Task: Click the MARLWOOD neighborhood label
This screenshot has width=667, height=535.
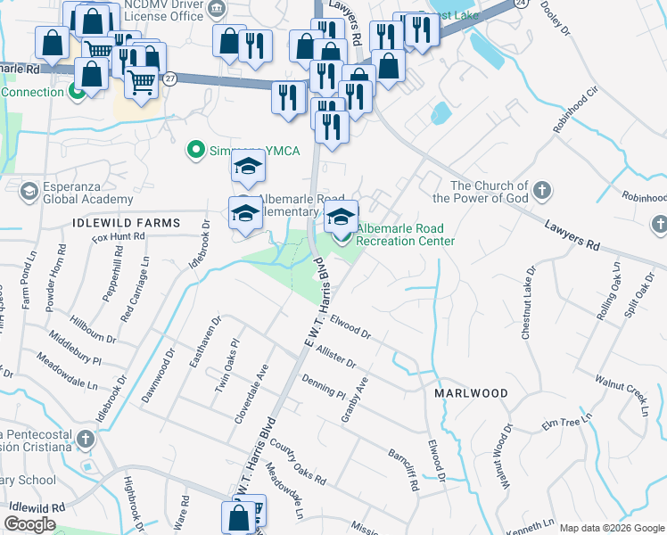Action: point(471,393)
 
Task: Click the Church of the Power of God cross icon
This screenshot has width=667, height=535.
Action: point(542,190)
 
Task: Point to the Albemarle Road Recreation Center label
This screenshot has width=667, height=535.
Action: point(406,235)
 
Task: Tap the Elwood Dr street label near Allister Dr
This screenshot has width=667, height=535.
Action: point(349,325)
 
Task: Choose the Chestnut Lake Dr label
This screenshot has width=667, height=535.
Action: point(528,301)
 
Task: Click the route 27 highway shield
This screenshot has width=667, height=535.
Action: point(170,78)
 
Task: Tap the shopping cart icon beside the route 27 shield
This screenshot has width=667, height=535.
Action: point(141,83)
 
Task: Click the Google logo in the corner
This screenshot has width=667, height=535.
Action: point(29,524)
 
